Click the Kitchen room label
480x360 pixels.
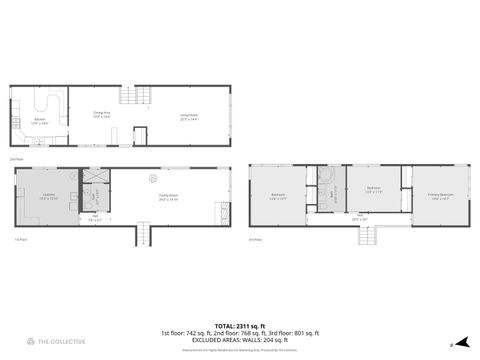40,120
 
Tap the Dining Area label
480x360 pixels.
101,115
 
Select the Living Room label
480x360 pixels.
189,116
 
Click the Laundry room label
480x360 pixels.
48,197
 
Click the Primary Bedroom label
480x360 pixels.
441,196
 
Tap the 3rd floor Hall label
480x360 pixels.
361,217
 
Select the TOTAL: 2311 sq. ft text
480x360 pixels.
239,324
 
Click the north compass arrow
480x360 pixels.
463,341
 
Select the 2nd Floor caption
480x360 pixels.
15,159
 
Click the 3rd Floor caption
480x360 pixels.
255,239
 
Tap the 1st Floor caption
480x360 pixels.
19,239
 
